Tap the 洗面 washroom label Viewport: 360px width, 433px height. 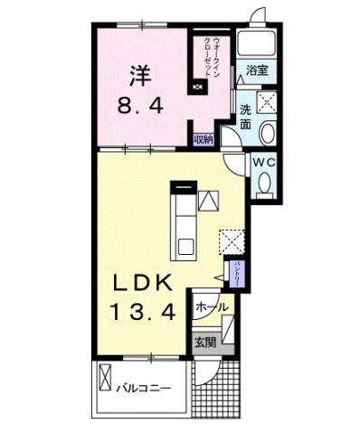coord(245,118)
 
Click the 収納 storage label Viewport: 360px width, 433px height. coord(204,139)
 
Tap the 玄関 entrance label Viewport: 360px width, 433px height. coord(204,343)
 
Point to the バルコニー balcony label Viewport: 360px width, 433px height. coord(143,389)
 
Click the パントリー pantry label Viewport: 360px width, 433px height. coord(232,268)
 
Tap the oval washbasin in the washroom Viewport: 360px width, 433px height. coord(268,134)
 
